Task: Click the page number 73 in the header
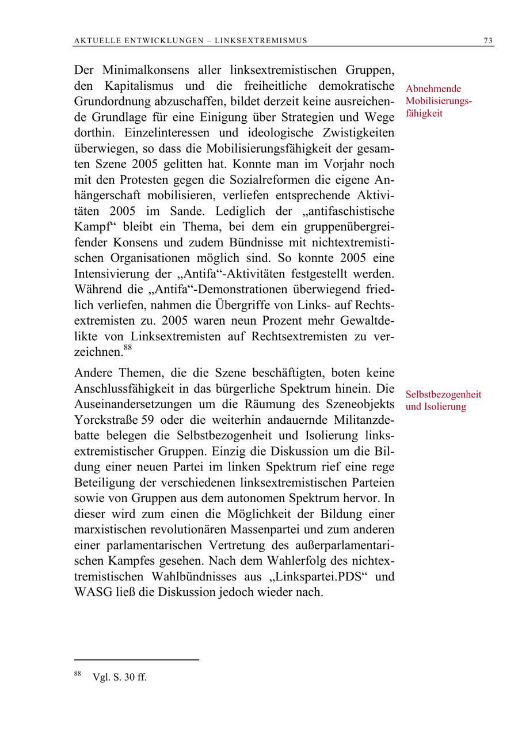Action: [488, 40]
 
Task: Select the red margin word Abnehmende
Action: [433, 89]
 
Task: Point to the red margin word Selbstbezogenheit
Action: [443, 395]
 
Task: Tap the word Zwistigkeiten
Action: [352, 133]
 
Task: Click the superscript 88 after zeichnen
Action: [127, 348]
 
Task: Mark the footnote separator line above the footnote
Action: [136, 660]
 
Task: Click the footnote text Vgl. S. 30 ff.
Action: [120, 677]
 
